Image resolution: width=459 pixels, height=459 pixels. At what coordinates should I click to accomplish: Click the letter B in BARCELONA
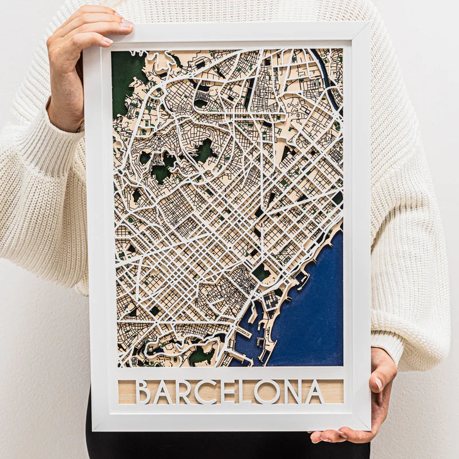[x=143, y=392]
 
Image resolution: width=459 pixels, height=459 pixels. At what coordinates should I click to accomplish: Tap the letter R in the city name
[x=182, y=392]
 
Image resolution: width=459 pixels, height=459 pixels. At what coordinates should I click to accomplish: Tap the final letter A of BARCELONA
[x=314, y=392]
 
